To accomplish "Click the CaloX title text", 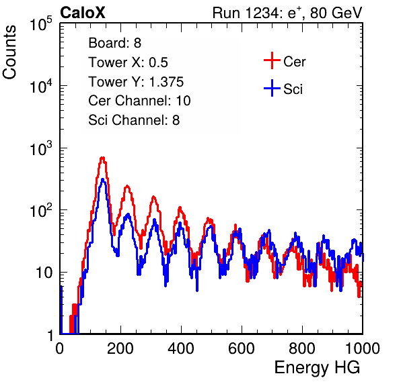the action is pyautogui.click(x=83, y=12).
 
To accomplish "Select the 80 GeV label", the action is pyautogui.click(x=336, y=13).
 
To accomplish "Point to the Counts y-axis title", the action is pyautogui.click(x=9, y=52).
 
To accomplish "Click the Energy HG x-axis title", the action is pyautogui.click(x=317, y=368).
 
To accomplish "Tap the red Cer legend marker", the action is pyautogui.click(x=272, y=60).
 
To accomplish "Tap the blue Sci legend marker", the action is pyautogui.click(x=272, y=88).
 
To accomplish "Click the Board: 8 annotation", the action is pyautogui.click(x=115, y=43).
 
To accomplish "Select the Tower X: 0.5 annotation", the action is pyautogui.click(x=128, y=62).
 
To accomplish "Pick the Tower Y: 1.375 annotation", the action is pyautogui.click(x=136, y=82).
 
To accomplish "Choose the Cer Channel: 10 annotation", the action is pyautogui.click(x=139, y=101).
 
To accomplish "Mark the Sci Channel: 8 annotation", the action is pyautogui.click(x=134, y=120).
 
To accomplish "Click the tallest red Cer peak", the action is pyautogui.click(x=102, y=158).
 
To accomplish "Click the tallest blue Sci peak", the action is pyautogui.click(x=102, y=180).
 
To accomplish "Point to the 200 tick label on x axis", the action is pyautogui.click(x=120, y=348).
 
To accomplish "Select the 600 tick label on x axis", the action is pyautogui.click(x=242, y=348).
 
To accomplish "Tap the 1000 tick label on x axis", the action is pyautogui.click(x=363, y=348).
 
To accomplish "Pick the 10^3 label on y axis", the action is pyautogui.click(x=41, y=148).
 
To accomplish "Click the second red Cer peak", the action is pyautogui.click(x=127, y=187).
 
